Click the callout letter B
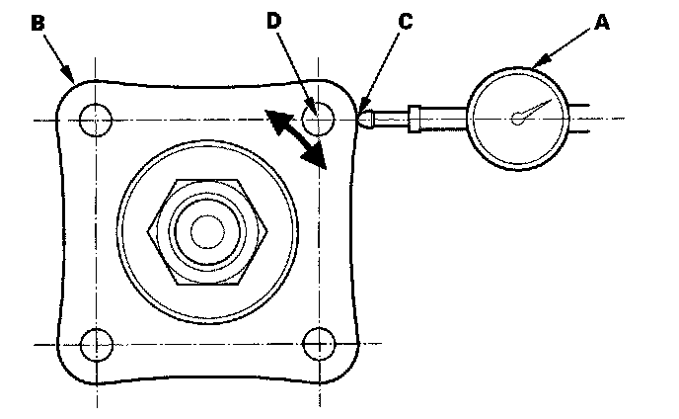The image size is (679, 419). pyautogui.click(x=38, y=23)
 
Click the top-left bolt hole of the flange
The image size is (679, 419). pyautogui.click(x=97, y=120)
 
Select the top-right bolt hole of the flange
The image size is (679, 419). pyautogui.click(x=317, y=120)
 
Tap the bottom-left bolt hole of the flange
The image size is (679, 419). pyautogui.click(x=97, y=345)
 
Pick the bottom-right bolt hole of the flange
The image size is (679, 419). pyautogui.click(x=317, y=345)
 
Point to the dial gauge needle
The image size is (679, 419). pyautogui.click(x=530, y=110)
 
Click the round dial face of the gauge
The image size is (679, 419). pyautogui.click(x=518, y=119)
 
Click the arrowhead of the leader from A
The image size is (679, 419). pyautogui.click(x=534, y=67)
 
